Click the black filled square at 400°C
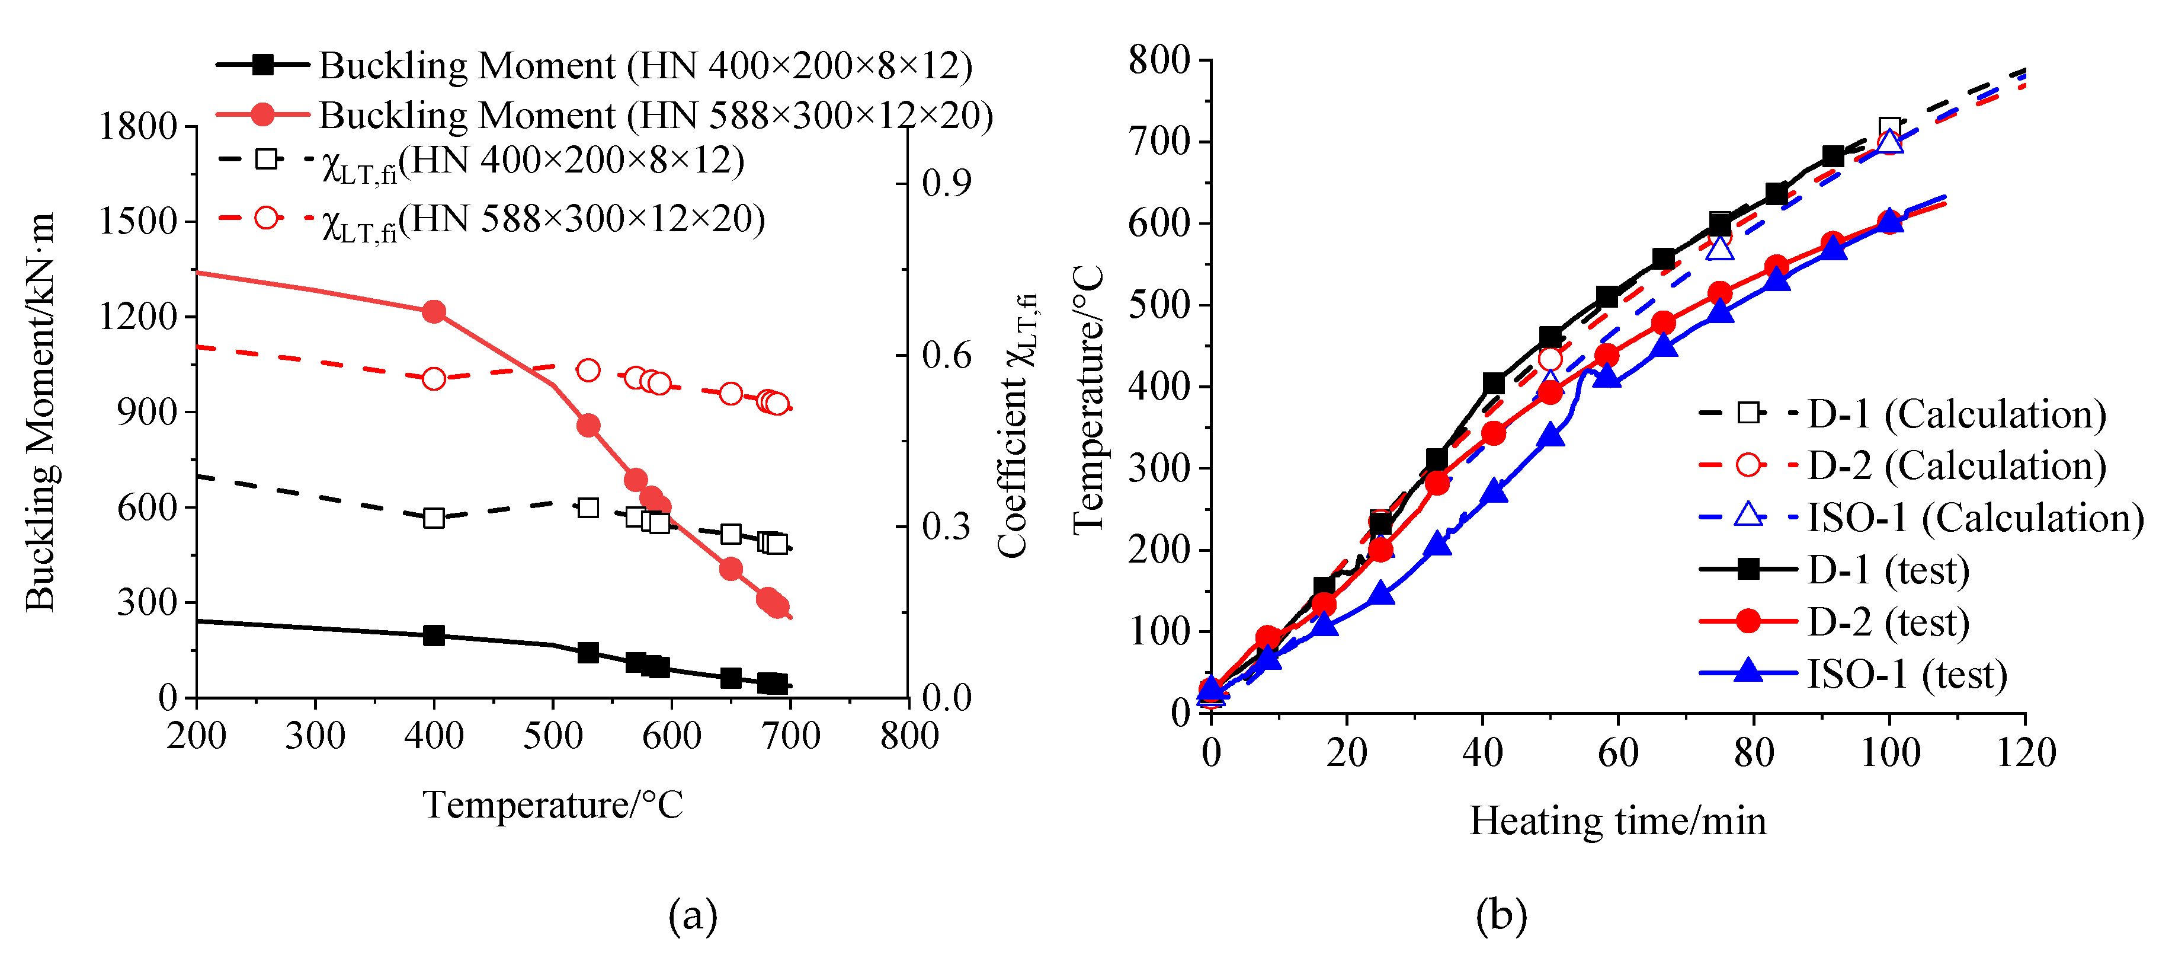point(433,636)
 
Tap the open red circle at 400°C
point(433,379)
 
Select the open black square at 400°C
point(433,517)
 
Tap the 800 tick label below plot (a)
point(908,736)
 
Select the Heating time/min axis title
point(1617,821)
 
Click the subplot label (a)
point(692,915)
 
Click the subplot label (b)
point(1501,915)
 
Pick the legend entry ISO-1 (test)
point(1907,674)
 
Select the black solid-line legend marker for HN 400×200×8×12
point(263,65)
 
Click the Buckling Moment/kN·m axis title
point(40,412)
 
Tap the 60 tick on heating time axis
point(1617,752)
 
